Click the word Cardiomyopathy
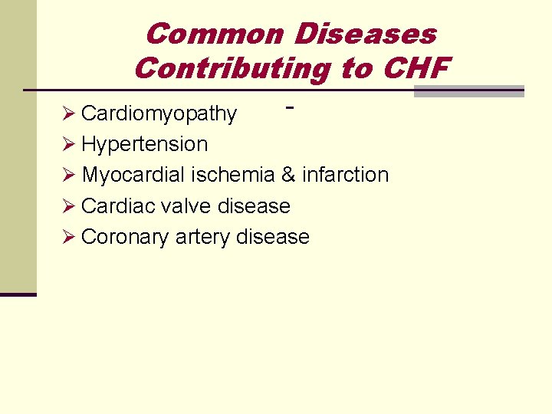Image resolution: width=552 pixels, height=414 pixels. click(159, 113)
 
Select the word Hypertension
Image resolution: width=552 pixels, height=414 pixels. click(144, 144)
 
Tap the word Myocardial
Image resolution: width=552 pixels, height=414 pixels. click(133, 175)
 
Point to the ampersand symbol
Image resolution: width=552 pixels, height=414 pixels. click(288, 175)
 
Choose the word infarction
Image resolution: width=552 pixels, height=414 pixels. click(345, 175)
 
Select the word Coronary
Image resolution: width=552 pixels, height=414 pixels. click(125, 237)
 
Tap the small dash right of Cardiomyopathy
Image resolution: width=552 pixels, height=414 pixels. click(290, 108)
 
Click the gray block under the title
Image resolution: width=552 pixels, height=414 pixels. click(468, 91)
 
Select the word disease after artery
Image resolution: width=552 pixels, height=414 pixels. click(273, 237)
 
